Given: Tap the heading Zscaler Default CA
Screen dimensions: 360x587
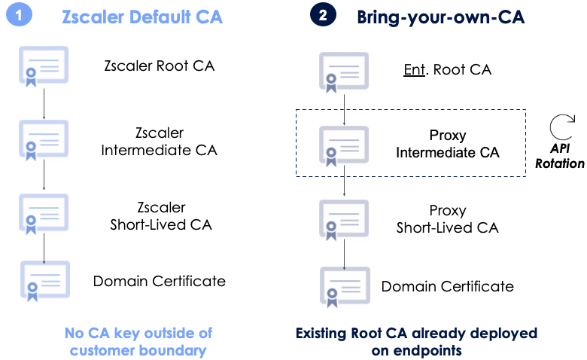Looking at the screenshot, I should [x=141, y=17].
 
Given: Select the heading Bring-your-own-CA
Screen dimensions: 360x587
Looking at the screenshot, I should [x=441, y=17].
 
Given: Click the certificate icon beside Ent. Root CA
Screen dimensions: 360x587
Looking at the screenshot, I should [x=345, y=72].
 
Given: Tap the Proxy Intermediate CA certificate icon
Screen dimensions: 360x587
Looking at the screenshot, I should [x=345, y=145].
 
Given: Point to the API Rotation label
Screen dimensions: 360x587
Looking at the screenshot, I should [x=559, y=156].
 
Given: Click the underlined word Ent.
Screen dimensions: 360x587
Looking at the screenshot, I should [x=412, y=70].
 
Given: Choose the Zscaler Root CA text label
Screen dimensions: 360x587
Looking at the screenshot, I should [x=159, y=66].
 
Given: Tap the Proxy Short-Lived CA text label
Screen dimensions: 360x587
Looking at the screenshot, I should [x=447, y=218].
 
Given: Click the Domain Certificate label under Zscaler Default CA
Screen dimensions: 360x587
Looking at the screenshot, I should [x=159, y=281].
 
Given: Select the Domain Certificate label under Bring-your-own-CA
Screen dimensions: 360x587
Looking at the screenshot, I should [x=447, y=286].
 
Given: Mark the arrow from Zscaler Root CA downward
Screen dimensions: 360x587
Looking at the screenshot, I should [x=44, y=104].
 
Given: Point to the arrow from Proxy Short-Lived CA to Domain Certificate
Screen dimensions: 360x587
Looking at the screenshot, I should [x=345, y=255].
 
